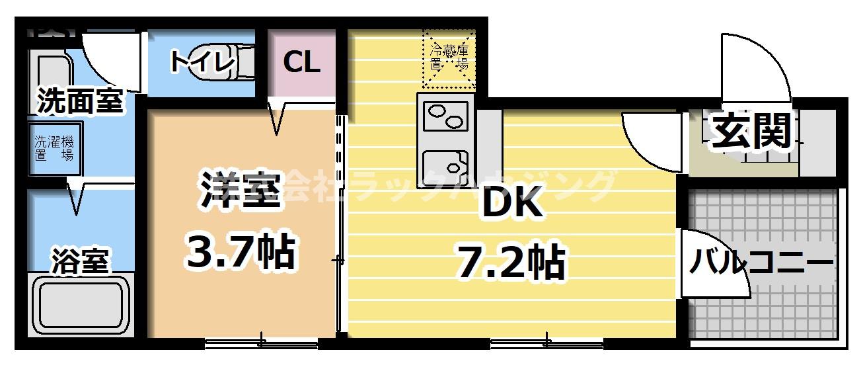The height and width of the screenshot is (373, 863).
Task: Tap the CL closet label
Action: pyautogui.click(x=301, y=62)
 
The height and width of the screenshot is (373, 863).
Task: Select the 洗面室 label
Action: pyautogui.click(x=79, y=101)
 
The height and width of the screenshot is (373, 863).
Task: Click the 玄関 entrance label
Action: pyautogui.click(x=751, y=132)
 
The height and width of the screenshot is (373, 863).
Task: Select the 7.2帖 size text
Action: pyautogui.click(x=510, y=262)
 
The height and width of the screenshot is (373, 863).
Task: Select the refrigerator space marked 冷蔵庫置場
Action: pyautogui.click(x=449, y=58)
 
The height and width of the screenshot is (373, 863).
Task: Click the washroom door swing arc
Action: pyautogui.click(x=112, y=60)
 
